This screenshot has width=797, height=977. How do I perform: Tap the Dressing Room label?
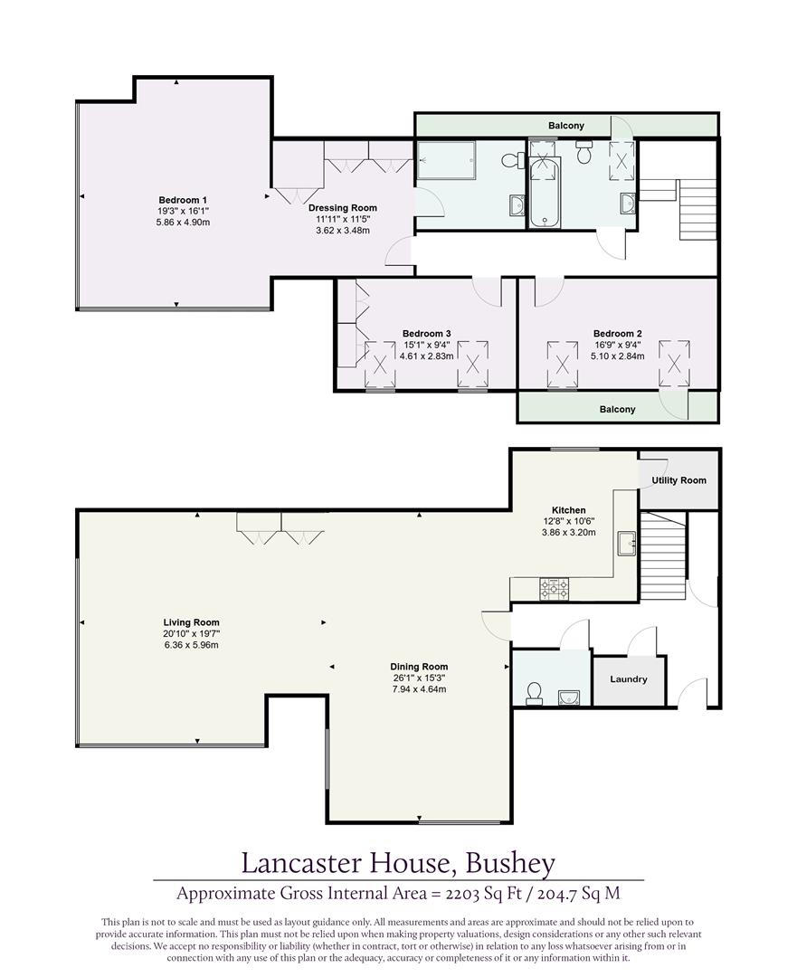click(x=346, y=208)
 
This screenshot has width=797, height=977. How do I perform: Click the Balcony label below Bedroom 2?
click(x=617, y=409)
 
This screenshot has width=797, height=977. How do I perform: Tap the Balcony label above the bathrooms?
click(x=566, y=126)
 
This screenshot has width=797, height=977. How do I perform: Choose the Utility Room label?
click(x=679, y=480)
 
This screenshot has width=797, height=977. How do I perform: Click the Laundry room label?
click(x=628, y=679)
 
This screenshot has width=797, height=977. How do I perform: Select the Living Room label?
click(x=191, y=622)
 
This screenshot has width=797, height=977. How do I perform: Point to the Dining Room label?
click(x=419, y=667)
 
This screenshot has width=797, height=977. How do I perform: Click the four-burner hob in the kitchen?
click(x=555, y=589)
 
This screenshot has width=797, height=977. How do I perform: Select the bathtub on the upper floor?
click(x=545, y=192)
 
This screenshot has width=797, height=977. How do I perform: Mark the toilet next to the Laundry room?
click(x=535, y=693)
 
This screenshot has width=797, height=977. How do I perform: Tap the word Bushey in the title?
click(x=509, y=863)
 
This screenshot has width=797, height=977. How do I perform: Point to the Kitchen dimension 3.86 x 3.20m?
click(x=569, y=533)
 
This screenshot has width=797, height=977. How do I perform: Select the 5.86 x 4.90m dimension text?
click(x=184, y=222)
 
